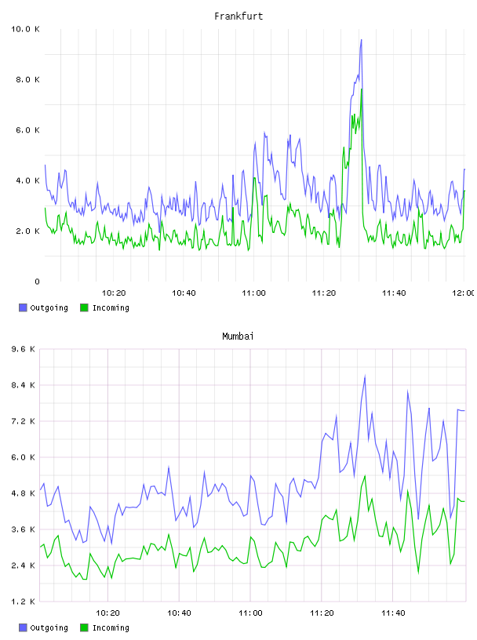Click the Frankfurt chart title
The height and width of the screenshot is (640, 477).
[x=238, y=16]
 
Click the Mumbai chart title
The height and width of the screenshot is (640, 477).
[x=238, y=336]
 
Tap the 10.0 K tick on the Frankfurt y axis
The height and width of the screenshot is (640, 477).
[x=25, y=29]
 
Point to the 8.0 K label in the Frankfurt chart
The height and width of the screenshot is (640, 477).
[x=27, y=79]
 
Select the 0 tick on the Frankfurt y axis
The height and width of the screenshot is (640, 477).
[x=37, y=282]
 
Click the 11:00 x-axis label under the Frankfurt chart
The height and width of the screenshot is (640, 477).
[x=253, y=293]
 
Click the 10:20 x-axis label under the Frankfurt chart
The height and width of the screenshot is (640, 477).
[x=114, y=293]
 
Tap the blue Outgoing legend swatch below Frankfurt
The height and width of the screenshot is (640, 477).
[x=23, y=307]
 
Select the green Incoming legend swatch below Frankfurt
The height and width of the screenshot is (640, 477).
[x=84, y=307]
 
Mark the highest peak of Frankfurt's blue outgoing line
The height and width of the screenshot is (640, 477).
[x=362, y=39]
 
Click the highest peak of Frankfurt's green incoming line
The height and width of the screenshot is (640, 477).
[x=362, y=89]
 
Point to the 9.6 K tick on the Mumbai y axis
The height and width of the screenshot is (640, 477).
[x=23, y=349]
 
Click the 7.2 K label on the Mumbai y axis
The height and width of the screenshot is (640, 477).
[x=23, y=421]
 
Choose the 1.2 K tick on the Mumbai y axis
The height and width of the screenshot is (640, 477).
[x=23, y=602]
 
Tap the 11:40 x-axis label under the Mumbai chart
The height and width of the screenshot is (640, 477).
[x=393, y=613]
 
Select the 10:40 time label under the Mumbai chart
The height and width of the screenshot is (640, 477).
[x=179, y=613]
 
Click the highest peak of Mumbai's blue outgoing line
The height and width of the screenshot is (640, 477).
[x=365, y=376]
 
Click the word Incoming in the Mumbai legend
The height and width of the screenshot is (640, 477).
[x=111, y=627]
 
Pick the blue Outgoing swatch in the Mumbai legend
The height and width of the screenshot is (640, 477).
[x=23, y=627]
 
